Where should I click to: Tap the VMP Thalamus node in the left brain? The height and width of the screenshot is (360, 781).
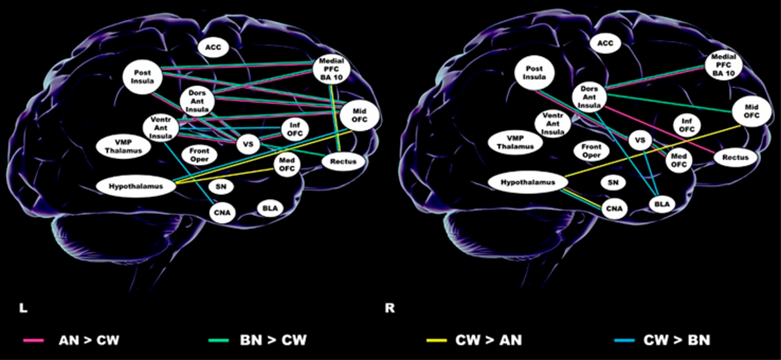(x=123, y=146)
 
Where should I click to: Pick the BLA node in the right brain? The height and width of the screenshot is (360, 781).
(x=662, y=204)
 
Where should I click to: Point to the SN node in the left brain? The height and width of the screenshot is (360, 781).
(x=221, y=186)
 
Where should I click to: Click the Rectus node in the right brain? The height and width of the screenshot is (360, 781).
(x=735, y=157)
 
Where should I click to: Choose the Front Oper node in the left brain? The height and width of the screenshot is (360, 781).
(x=199, y=155)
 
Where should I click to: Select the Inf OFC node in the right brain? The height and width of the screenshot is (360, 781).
(x=687, y=125)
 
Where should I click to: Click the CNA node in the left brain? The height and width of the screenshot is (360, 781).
(x=222, y=212)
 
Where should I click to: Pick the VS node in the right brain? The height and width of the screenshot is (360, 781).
(x=640, y=140)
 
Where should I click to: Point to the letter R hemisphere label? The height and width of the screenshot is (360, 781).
(x=389, y=308)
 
